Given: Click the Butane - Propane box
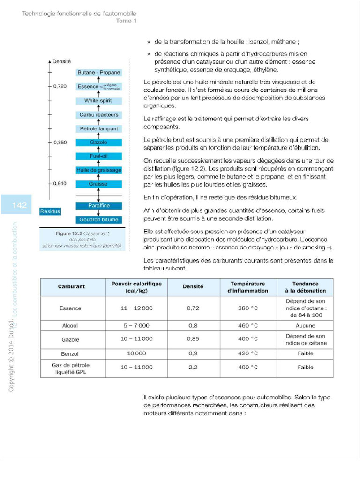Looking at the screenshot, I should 98,73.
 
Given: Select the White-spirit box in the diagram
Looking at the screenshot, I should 98,101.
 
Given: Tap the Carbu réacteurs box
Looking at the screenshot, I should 98,115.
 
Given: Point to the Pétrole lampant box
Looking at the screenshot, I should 98,128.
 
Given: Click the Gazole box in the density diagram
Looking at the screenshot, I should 98,142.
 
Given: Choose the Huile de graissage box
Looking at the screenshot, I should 98,170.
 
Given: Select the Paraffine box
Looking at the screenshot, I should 98,206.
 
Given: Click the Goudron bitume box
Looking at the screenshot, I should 98,219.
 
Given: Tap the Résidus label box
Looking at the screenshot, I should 50,211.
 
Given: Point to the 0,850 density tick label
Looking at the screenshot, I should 60,142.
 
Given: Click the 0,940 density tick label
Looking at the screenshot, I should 60,184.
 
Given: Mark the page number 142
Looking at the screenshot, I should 19,205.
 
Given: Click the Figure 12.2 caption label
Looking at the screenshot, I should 82,239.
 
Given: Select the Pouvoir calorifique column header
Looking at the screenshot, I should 136,287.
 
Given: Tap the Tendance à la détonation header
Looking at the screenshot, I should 305,287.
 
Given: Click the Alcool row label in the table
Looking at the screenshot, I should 70,325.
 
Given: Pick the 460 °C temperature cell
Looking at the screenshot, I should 248,325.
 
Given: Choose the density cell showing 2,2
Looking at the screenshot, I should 193,367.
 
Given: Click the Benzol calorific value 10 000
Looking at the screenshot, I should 136,353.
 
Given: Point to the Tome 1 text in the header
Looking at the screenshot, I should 126,21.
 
